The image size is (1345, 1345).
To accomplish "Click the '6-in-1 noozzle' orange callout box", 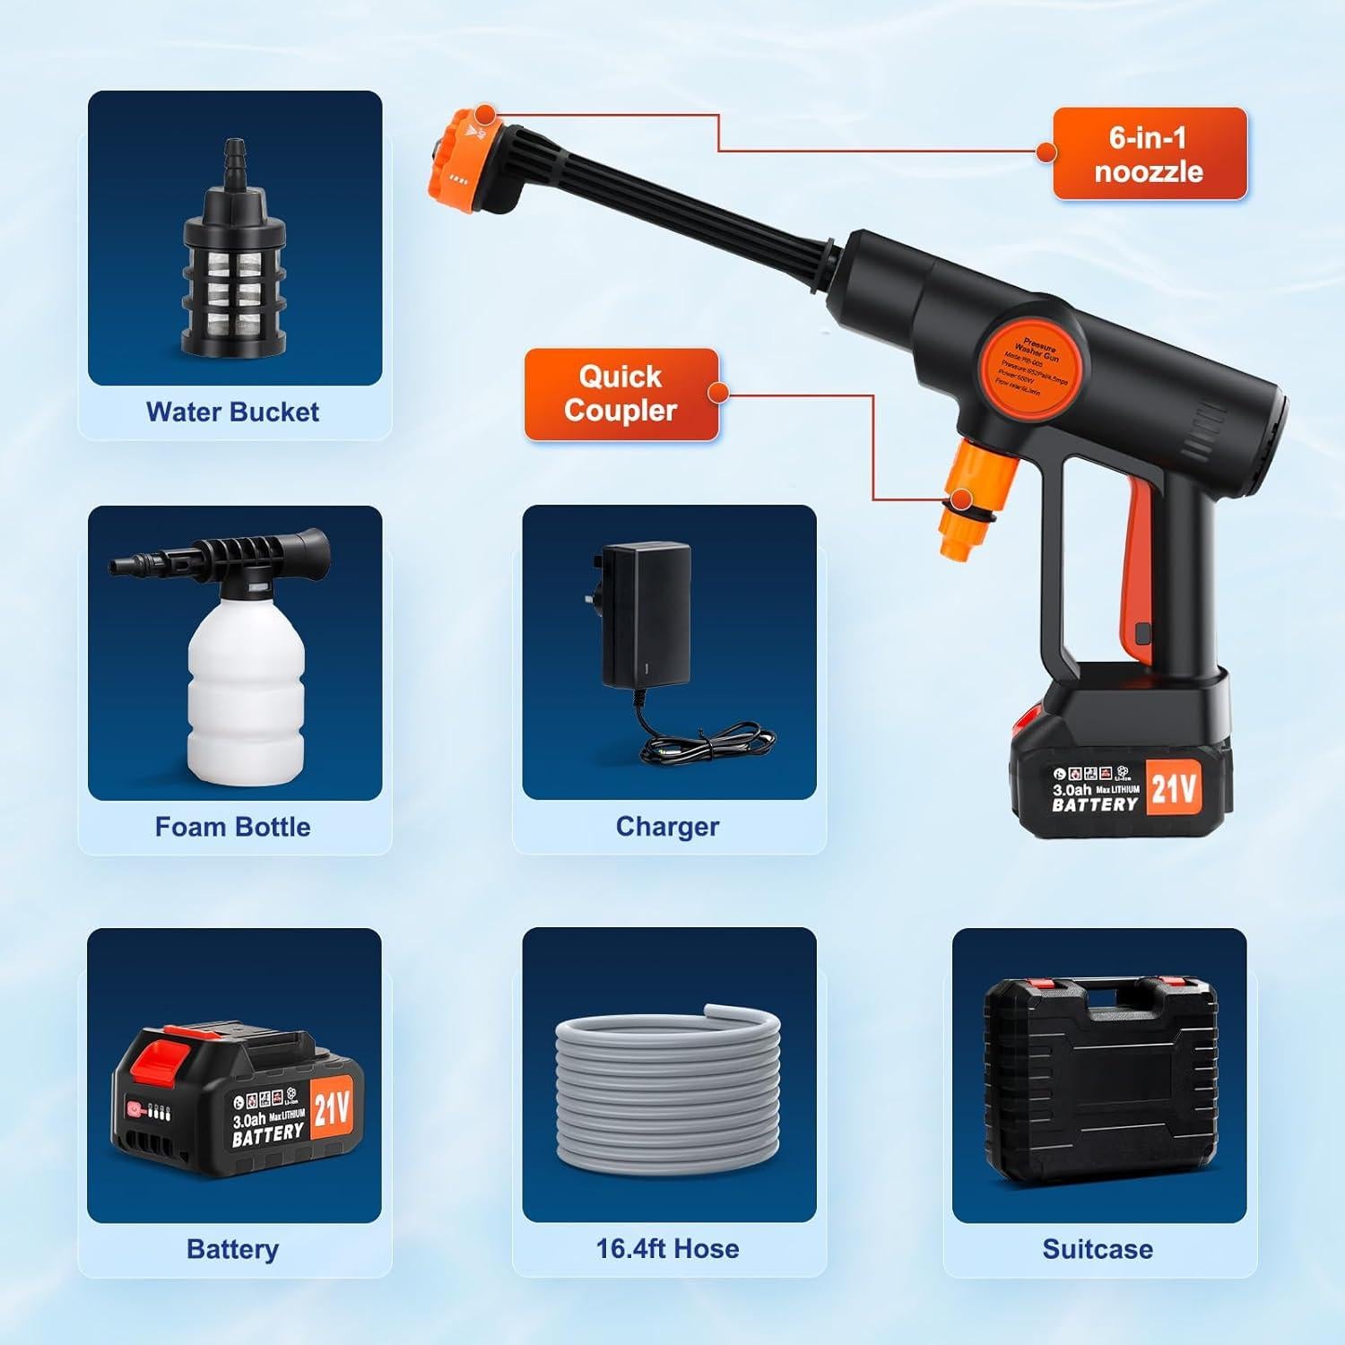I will tap(1149, 153).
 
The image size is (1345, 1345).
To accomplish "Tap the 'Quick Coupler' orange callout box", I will tap(620, 394).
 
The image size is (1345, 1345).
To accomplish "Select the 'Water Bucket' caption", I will tap(232, 412).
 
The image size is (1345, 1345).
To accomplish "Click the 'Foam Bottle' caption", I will tap(232, 827).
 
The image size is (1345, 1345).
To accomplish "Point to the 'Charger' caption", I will tap(667, 827).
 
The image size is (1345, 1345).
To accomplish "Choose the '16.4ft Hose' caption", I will tap(667, 1248).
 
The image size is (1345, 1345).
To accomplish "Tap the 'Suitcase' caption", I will tap(1098, 1248).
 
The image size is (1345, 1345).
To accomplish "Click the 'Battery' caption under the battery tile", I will tap(232, 1248).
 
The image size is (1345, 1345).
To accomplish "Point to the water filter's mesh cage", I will tap(234, 287).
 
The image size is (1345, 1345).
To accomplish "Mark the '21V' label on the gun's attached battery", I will tap(1173, 788).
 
